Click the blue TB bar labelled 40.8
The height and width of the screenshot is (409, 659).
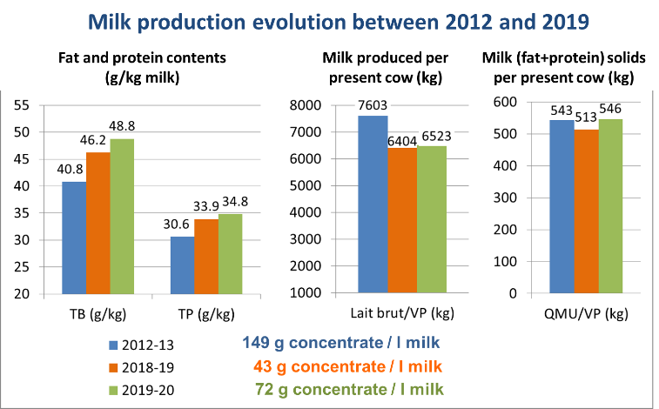tap(74, 238)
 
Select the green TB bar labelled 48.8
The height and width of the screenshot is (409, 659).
tap(122, 217)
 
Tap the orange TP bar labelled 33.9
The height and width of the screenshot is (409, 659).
tap(206, 257)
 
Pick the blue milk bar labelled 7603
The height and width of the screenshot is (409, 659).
tap(373, 204)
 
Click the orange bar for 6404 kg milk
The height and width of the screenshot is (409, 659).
tap(402, 220)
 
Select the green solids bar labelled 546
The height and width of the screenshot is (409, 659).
tap(610, 206)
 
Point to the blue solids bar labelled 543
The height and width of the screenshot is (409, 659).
tap(561, 206)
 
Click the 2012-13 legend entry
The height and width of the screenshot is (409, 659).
tap(141, 345)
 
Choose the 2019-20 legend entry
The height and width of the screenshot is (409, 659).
tap(141, 390)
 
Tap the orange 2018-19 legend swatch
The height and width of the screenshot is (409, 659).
tap(113, 368)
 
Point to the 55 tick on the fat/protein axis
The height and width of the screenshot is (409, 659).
tap(22, 105)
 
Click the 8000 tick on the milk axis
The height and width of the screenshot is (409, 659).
tap(305, 105)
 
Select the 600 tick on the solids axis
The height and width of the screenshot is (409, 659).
tap(505, 102)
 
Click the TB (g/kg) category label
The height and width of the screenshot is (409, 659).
tap(98, 314)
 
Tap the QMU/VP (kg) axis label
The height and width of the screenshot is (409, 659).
tap(586, 313)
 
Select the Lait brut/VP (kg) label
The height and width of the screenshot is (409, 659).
tap(402, 313)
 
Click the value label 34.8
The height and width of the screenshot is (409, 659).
tap(235, 202)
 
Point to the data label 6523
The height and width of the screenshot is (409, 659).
tap(436, 136)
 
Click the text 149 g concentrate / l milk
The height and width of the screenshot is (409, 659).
tap(341, 343)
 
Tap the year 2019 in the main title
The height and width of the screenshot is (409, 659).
tap(565, 22)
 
